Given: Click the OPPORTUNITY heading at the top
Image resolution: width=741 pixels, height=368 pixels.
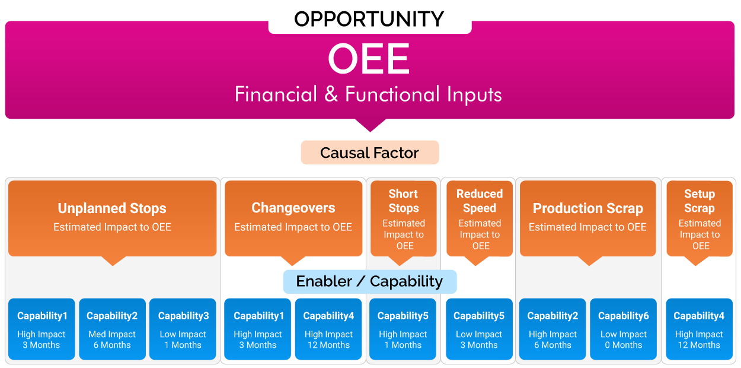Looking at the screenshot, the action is click(x=369, y=19).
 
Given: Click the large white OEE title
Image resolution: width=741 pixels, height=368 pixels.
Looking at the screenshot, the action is click(x=369, y=59).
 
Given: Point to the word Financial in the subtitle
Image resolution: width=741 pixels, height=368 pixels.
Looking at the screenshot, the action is click(x=276, y=94).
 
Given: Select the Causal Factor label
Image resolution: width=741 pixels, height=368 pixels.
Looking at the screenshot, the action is click(x=370, y=153).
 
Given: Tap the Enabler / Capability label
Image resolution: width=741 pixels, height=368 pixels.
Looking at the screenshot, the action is click(x=370, y=281).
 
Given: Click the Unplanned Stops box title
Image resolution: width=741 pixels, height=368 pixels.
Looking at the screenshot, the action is click(x=112, y=208).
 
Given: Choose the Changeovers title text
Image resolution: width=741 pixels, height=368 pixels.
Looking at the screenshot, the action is click(x=293, y=208).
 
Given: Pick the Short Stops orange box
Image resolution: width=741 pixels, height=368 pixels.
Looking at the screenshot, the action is click(x=404, y=218).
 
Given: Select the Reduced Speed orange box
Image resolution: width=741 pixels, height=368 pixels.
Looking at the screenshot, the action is click(x=480, y=218).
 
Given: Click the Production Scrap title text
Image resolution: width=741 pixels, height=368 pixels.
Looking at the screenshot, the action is click(x=588, y=208).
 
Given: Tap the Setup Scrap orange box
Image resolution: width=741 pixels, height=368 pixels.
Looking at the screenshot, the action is click(x=700, y=218).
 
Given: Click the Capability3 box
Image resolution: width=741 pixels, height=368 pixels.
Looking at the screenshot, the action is click(x=183, y=329).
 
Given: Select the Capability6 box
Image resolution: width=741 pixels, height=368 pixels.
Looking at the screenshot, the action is click(x=623, y=329).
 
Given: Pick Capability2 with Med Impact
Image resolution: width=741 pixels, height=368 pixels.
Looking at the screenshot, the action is click(x=112, y=329).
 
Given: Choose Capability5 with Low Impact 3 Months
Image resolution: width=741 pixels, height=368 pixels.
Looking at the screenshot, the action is click(x=479, y=329).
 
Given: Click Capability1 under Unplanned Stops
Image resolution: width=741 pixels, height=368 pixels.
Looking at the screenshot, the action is click(x=41, y=329).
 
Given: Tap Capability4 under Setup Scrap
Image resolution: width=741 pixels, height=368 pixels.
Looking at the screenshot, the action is click(x=700, y=329).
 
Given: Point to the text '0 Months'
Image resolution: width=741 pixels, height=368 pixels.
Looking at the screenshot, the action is click(x=623, y=345).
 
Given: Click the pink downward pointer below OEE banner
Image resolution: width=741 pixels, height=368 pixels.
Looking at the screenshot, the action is click(x=370, y=125).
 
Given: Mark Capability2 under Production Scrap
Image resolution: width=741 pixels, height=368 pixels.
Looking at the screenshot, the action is click(x=552, y=329).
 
